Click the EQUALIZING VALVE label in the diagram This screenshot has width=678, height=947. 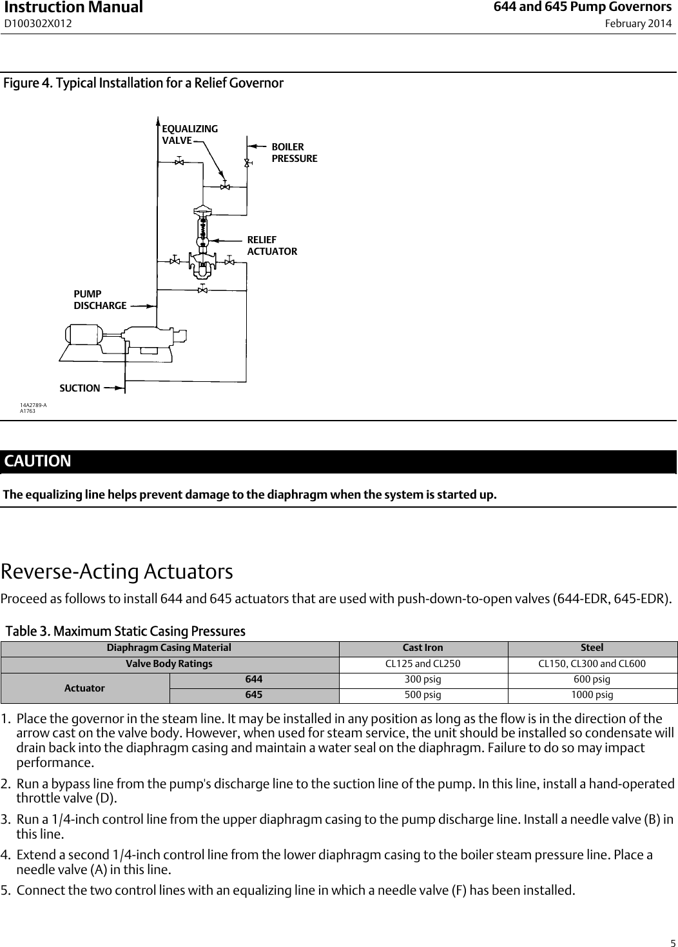[x=189, y=134]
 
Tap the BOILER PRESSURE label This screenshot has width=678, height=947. [x=294, y=152]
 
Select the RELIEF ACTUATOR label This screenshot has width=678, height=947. [x=272, y=245]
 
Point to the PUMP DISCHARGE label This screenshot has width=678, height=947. [x=100, y=299]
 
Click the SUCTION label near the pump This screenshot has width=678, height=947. [x=80, y=388]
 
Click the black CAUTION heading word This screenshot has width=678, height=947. [x=38, y=461]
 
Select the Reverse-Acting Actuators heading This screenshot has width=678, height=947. [x=117, y=572]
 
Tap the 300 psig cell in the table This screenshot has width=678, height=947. [x=423, y=679]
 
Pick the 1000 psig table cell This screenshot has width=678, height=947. [x=592, y=695]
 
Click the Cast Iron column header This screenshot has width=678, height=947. [x=423, y=648]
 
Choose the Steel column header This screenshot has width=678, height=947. [x=592, y=648]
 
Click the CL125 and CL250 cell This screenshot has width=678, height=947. [x=423, y=664]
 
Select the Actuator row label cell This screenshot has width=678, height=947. [x=84, y=688]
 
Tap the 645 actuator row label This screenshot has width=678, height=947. [x=253, y=695]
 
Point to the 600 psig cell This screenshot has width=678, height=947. [x=592, y=679]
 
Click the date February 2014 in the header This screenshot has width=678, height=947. [x=637, y=24]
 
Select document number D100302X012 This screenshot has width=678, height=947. [x=38, y=24]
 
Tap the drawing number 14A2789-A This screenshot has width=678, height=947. [x=34, y=404]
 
